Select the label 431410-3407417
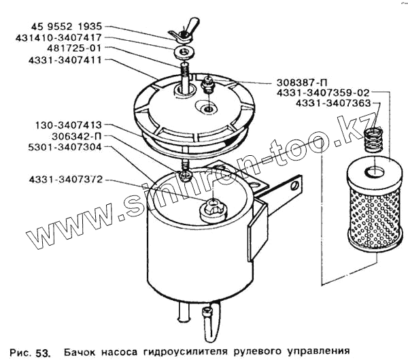coord(58,39)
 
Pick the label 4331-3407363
coord(332,103)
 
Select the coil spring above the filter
coord(373,142)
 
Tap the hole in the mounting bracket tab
coord(294,183)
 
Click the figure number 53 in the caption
coord(42,352)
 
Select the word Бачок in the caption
coord(80,352)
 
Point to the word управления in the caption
coord(316,352)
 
